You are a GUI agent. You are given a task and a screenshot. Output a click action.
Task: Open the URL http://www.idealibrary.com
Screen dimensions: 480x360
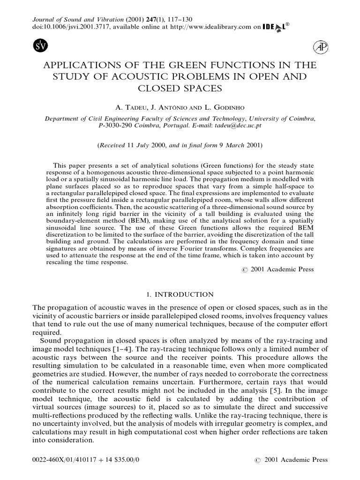(209, 28)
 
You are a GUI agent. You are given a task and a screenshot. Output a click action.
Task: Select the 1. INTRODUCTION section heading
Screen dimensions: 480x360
(180, 294)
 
